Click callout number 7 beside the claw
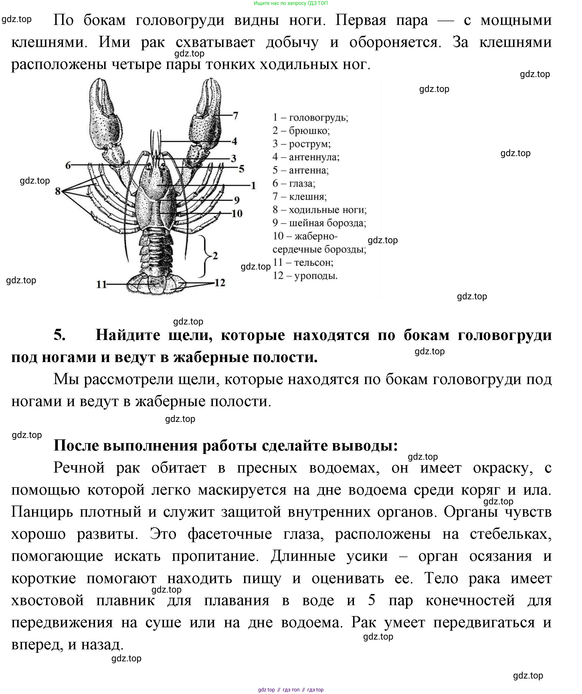click(235, 116)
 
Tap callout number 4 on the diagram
click(234, 141)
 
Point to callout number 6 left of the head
click(68, 165)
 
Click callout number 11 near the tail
click(101, 284)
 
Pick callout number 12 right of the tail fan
click(220, 283)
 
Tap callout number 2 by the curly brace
click(215, 255)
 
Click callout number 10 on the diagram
click(237, 213)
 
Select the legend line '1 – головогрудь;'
click(310, 117)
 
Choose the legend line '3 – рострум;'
click(301, 144)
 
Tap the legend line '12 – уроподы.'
click(305, 276)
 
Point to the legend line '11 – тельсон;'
click(303, 262)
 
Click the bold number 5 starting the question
click(60, 335)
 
